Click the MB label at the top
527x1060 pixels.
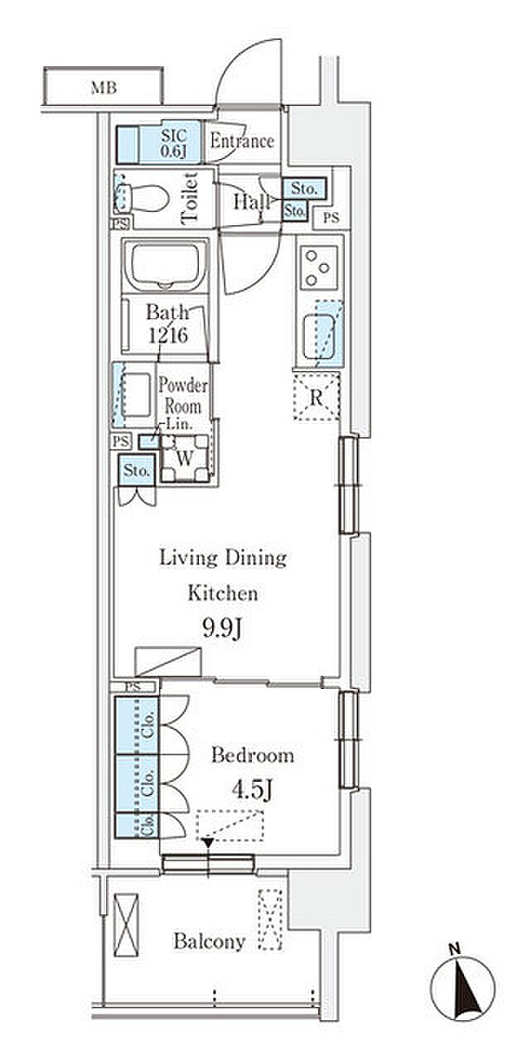tap(104, 88)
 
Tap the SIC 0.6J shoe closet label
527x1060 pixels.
tap(174, 143)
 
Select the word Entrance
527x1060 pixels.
tap(243, 141)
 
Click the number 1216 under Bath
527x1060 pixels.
tap(168, 335)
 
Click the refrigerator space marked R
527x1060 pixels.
tap(317, 397)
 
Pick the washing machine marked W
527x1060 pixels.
tap(185, 458)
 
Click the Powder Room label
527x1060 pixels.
tap(183, 396)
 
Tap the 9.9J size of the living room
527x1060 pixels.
tap(223, 629)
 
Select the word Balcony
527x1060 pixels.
tap(210, 941)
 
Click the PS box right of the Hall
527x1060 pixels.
tap(331, 218)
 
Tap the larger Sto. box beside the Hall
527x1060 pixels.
tap(304, 188)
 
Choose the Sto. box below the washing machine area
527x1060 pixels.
tap(137, 470)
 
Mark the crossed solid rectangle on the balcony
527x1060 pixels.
tap(127, 925)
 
